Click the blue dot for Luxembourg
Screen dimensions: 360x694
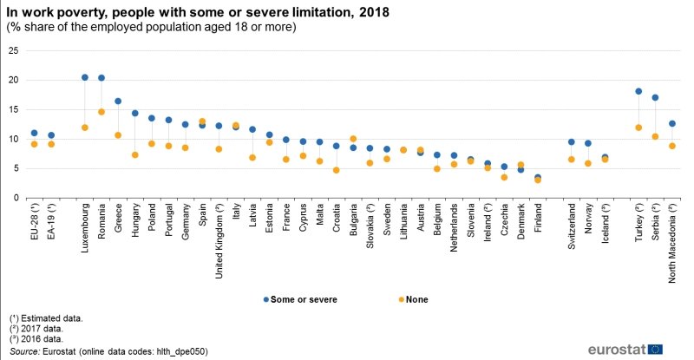coord(84,77)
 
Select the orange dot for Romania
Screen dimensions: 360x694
coord(101,112)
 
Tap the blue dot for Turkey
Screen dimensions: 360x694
coord(638,91)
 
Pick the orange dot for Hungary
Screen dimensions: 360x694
coord(135,155)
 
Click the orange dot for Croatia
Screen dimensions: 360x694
coord(337,170)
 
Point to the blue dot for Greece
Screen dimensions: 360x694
coord(118,101)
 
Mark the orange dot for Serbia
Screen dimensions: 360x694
coord(655,136)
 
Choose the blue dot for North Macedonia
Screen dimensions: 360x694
coord(672,123)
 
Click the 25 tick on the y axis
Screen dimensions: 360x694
coord(13,50)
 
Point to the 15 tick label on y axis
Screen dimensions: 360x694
coord(13,109)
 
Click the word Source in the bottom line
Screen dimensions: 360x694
coord(24,351)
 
